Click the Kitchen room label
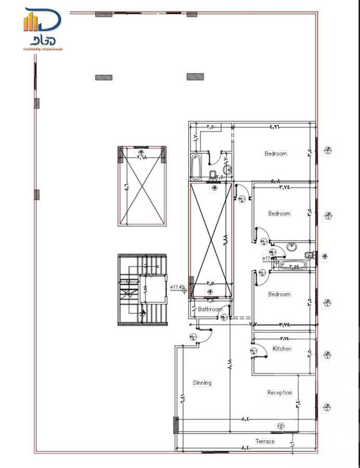click(282, 349)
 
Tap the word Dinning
click(202, 383)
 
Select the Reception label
click(279, 393)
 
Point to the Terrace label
click(265, 441)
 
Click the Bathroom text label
click(210, 309)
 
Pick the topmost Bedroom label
click(276, 154)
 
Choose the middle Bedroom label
click(279, 214)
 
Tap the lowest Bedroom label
click(279, 294)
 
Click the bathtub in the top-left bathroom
click(196, 166)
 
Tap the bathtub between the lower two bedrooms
click(291, 266)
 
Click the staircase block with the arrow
click(142, 290)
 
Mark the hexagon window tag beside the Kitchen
click(327, 355)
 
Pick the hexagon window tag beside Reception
click(327, 407)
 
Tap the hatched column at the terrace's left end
click(176, 425)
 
